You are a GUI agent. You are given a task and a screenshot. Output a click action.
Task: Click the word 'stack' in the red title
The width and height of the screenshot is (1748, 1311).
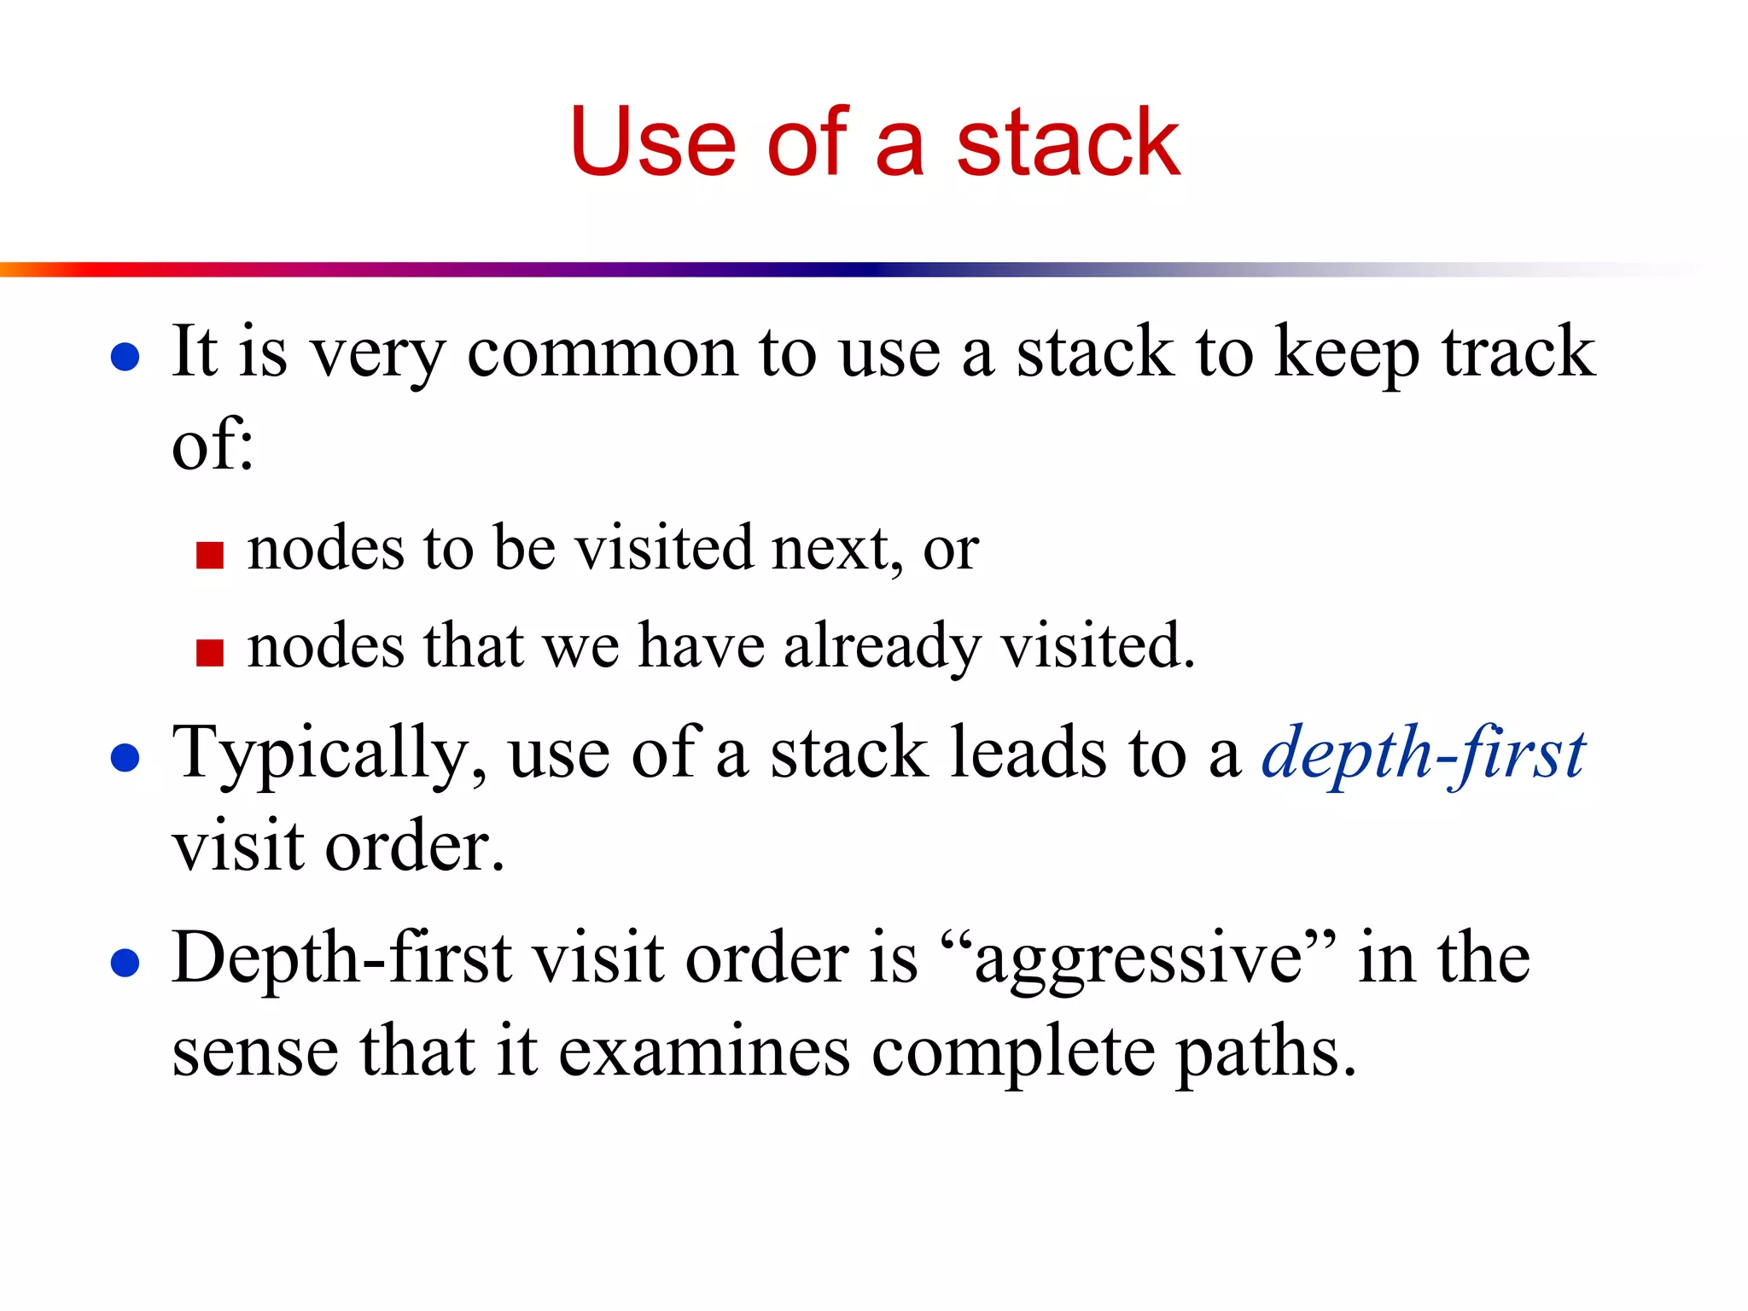(x=1068, y=143)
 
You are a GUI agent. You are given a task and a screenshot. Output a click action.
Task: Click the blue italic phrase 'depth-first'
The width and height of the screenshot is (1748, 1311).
(x=1423, y=755)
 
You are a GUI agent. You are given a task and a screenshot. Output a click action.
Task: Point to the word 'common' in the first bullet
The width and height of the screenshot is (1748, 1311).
(x=602, y=352)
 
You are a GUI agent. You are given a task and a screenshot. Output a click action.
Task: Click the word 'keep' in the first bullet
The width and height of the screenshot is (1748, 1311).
(x=1347, y=352)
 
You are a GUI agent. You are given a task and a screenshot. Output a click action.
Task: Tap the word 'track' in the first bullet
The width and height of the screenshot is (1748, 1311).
(x=1518, y=352)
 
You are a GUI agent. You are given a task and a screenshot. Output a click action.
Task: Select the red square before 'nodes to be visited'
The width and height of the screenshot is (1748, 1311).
(x=209, y=555)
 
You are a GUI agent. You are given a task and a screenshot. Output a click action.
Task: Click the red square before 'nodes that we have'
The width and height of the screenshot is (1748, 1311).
(x=209, y=652)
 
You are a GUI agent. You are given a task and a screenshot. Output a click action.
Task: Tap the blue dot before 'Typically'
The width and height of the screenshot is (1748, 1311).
(x=125, y=758)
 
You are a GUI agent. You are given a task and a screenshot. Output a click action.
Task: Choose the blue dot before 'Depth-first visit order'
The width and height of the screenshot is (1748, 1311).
(x=125, y=963)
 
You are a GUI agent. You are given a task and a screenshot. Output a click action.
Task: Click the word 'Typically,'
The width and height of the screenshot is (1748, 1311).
(x=329, y=755)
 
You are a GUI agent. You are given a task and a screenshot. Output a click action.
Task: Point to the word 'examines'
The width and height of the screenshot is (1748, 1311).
(x=704, y=1052)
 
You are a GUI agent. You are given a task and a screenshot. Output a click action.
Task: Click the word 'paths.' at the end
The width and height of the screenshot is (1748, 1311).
(x=1267, y=1053)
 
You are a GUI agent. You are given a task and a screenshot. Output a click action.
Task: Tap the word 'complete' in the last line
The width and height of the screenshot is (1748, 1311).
(x=1013, y=1053)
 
